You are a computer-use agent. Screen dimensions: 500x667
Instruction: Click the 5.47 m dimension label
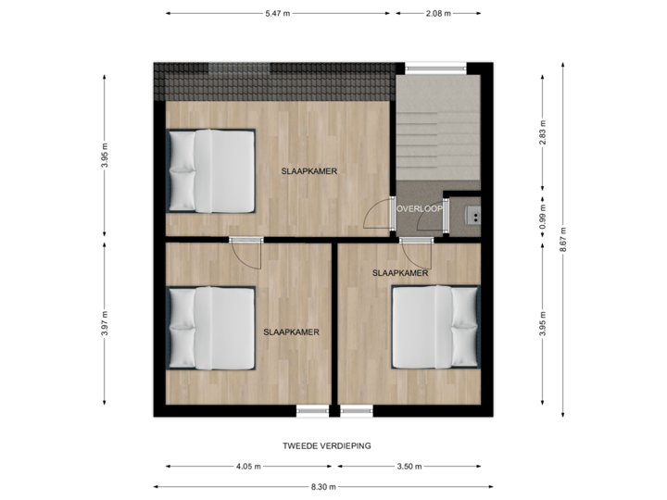277,13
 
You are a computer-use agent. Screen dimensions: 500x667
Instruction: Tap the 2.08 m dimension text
438,13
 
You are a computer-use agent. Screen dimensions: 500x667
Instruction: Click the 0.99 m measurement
543,216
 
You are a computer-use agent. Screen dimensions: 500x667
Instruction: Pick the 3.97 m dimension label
103,323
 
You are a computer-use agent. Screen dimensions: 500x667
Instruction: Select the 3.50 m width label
409,466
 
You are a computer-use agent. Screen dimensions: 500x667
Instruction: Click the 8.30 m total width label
320,486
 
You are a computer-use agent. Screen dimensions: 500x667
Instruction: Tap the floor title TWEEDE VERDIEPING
327,445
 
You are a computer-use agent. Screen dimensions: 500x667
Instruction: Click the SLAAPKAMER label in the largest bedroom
308,171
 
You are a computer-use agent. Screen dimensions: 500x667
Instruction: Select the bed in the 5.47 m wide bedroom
211,170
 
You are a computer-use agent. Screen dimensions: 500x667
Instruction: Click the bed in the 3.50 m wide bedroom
434,326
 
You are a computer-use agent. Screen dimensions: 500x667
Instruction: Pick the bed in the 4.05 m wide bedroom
211,327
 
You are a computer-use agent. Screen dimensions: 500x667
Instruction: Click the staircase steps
437,134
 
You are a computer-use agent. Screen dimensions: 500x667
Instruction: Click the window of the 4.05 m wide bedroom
312,409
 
